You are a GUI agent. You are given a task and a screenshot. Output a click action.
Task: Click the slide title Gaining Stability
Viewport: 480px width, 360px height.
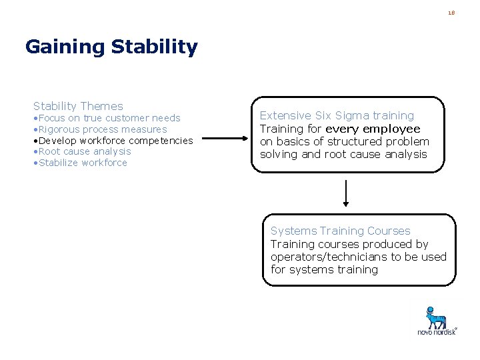pyautogui.click(x=111, y=47)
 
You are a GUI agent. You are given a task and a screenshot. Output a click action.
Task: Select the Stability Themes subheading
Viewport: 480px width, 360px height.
pyautogui.click(x=78, y=106)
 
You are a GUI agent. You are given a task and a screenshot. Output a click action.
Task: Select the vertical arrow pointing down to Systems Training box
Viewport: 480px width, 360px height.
pyautogui.click(x=346, y=193)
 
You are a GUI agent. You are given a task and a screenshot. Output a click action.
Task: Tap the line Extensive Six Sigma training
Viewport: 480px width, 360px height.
pyautogui.click(x=337, y=115)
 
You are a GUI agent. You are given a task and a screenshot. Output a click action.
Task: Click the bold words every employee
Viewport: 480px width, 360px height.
pyautogui.click(x=373, y=129)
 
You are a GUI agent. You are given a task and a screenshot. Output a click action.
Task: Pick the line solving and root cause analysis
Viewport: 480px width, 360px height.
pyautogui.click(x=343, y=154)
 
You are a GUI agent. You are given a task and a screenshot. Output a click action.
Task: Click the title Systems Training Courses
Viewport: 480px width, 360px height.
pyautogui.click(x=340, y=231)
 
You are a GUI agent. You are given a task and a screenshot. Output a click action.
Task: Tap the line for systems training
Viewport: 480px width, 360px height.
pyautogui.click(x=324, y=269)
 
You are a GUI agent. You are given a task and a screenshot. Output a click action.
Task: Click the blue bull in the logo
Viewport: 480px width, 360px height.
pyautogui.click(x=436, y=316)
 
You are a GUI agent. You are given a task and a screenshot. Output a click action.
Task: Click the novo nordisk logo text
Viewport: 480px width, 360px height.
pyautogui.click(x=437, y=331)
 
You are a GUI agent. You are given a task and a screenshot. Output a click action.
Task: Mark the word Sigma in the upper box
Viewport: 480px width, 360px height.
pyautogui.click(x=355, y=115)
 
